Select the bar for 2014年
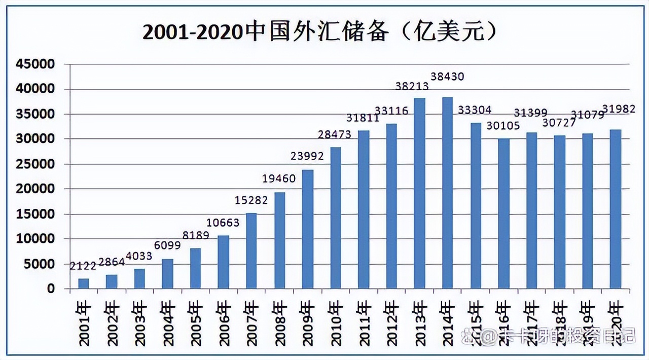[x=447, y=193]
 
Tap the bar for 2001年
[x=84, y=283]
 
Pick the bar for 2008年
[x=280, y=240]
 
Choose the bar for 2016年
[x=503, y=213]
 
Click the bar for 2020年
[x=615, y=209]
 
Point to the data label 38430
[x=447, y=77]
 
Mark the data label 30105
[x=503, y=126]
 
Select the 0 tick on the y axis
[x=51, y=289]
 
